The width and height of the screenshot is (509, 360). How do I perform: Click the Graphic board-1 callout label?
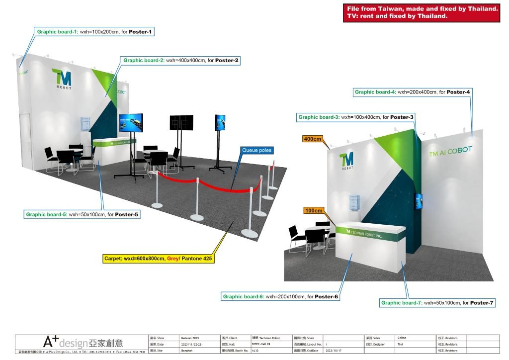(x=94, y=32)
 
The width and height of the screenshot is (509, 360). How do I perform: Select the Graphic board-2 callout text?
(x=181, y=61)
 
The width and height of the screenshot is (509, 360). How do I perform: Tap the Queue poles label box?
(x=257, y=150)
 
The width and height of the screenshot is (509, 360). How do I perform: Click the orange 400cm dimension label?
(x=313, y=139)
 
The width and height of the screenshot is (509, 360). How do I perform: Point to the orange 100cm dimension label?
(x=314, y=211)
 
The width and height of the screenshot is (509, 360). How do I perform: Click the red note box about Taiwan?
(x=422, y=12)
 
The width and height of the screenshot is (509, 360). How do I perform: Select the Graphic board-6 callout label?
(x=280, y=297)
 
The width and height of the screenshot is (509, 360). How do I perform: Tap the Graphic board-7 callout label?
(x=437, y=302)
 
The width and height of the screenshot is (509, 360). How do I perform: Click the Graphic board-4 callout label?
(x=412, y=92)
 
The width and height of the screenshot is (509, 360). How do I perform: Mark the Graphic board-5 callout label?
(x=83, y=215)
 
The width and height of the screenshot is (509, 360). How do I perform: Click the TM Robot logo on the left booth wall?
(x=62, y=80)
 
